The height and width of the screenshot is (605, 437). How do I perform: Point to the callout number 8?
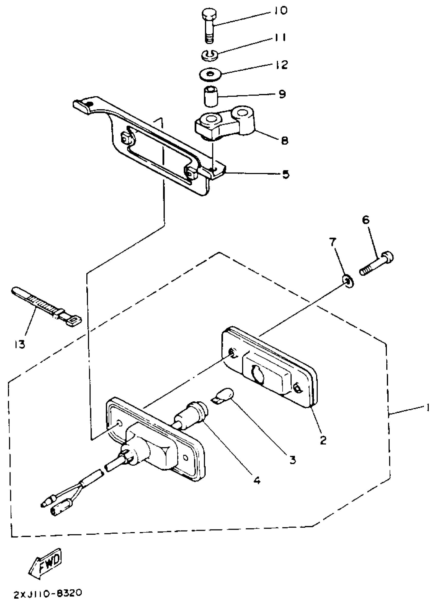(x=285, y=140)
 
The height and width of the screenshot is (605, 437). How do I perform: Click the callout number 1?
(x=428, y=408)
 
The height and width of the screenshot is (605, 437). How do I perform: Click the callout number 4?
(x=256, y=480)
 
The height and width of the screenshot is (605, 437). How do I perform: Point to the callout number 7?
(x=332, y=243)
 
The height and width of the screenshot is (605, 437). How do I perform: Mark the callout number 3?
(x=293, y=460)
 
